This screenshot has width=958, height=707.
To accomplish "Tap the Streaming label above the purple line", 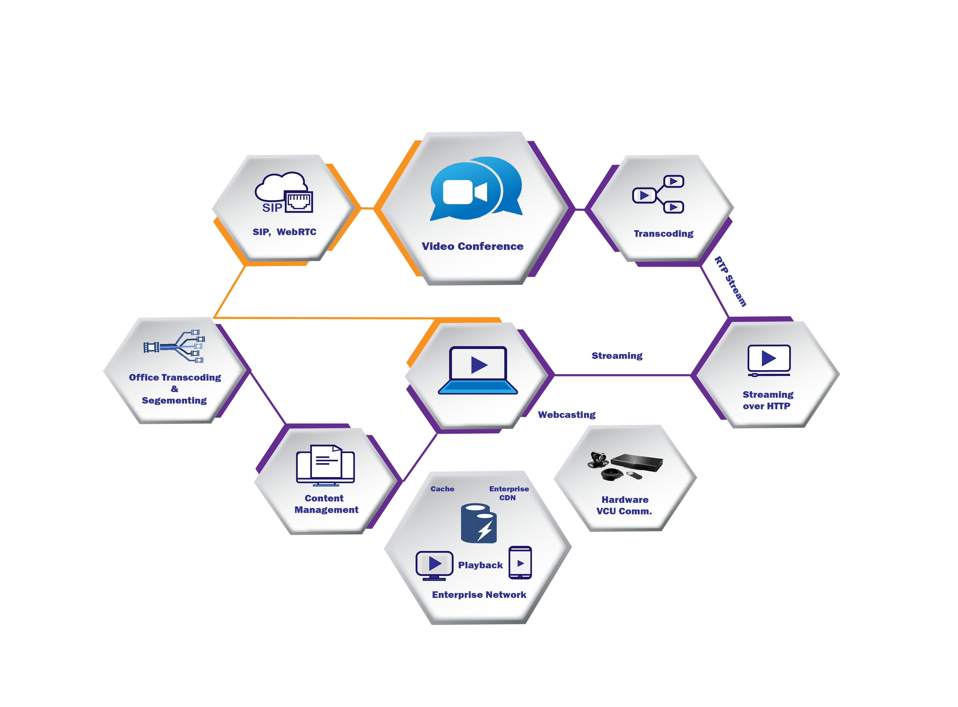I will point(617,356).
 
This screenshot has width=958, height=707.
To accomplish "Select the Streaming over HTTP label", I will point(767,400).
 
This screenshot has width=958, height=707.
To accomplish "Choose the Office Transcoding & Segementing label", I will point(175,389).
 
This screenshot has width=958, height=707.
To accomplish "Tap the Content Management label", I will point(326,504).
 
